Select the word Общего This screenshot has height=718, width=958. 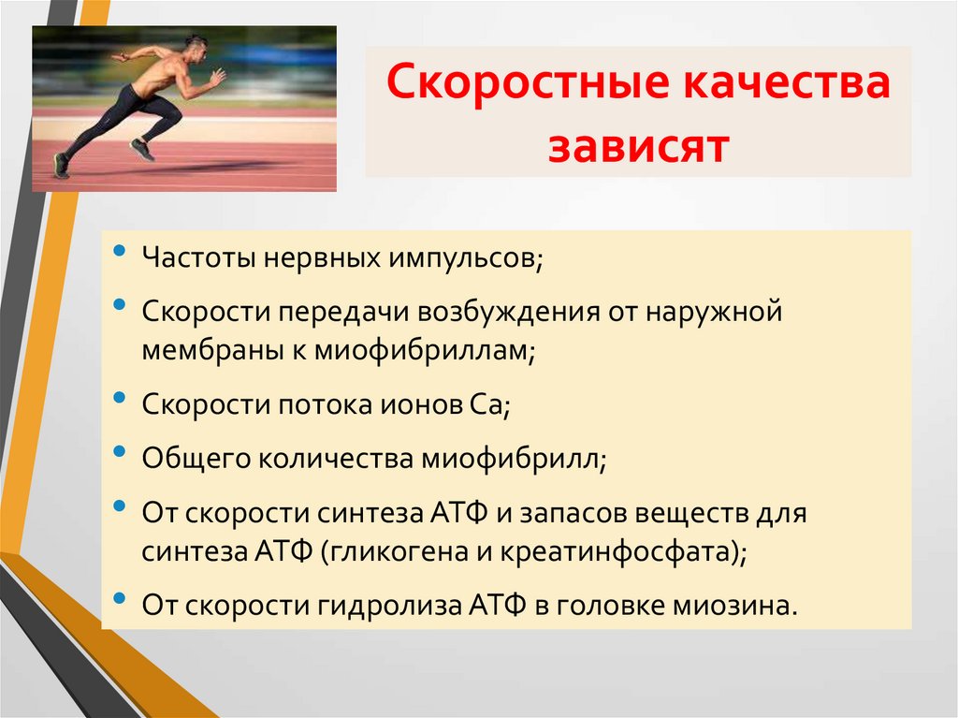[x=188, y=459]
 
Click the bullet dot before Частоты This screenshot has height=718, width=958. [x=119, y=253]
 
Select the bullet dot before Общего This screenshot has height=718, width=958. [x=119, y=453]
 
